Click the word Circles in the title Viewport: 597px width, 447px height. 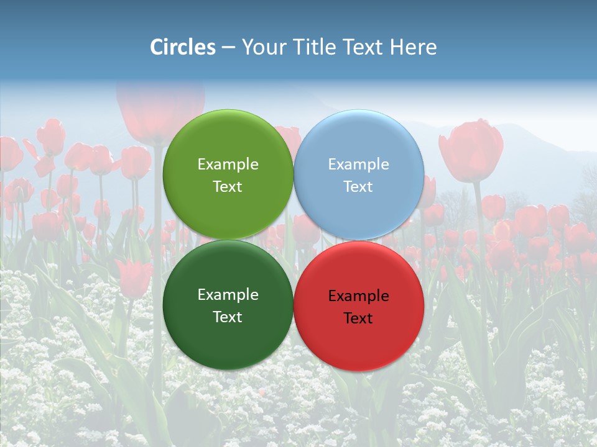click(x=183, y=47)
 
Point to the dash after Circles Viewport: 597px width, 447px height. click(x=228, y=48)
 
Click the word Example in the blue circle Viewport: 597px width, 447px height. click(x=359, y=165)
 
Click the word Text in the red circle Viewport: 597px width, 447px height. click(x=358, y=318)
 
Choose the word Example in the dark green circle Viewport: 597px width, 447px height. click(x=228, y=295)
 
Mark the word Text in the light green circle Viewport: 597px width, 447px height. click(x=228, y=187)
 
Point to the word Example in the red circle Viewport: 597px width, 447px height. click(x=359, y=296)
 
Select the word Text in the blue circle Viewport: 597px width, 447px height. click(x=358, y=187)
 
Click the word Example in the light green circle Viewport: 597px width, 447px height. click(x=228, y=165)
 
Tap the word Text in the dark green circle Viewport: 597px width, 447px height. click(x=228, y=317)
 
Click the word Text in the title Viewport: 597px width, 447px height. click(x=361, y=47)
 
